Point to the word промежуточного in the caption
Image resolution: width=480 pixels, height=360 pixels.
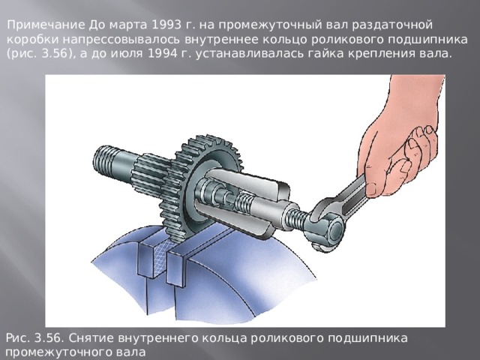(x=52, y=351)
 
